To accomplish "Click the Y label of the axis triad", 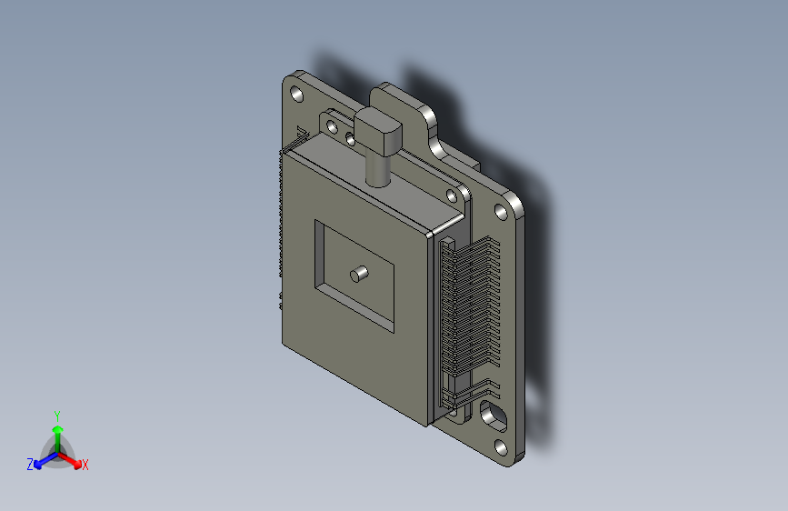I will coord(56,414).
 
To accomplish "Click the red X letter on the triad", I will coord(85,465).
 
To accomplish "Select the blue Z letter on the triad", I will coord(30,464).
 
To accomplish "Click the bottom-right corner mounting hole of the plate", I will coord(501,447).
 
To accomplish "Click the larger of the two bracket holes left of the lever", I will coord(332,124).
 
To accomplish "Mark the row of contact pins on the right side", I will coord(468,309).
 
